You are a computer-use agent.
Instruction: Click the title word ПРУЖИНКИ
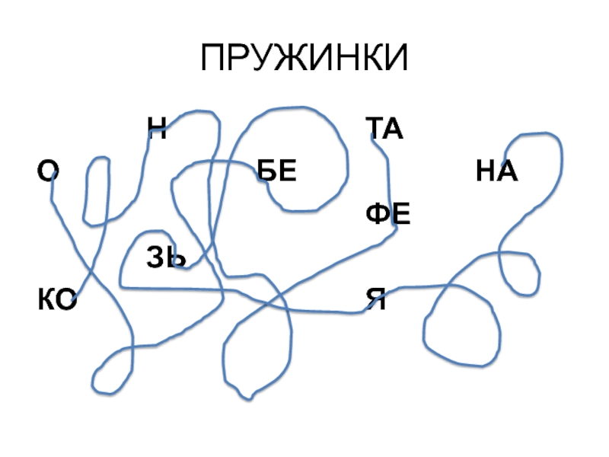tap(304, 59)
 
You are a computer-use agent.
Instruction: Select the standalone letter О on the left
tap(49, 172)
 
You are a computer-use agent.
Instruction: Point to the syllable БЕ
tap(276, 172)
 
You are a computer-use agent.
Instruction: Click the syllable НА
tap(496, 172)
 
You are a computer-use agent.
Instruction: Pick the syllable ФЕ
tap(387, 216)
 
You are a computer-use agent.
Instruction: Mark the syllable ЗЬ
tap(166, 258)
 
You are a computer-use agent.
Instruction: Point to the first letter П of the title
tap(216, 59)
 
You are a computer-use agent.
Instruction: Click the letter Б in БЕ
tap(266, 172)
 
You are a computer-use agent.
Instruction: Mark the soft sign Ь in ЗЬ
tap(176, 258)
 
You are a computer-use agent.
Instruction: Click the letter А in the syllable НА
tap(507, 172)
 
